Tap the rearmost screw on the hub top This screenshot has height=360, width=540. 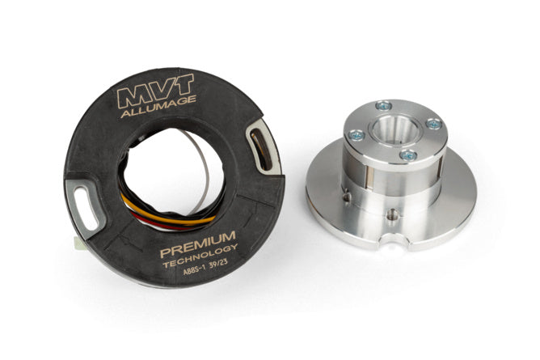[x=384, y=105]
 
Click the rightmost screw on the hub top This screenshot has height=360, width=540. [x=433, y=124]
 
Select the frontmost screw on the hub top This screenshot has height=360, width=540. [x=408, y=154]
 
